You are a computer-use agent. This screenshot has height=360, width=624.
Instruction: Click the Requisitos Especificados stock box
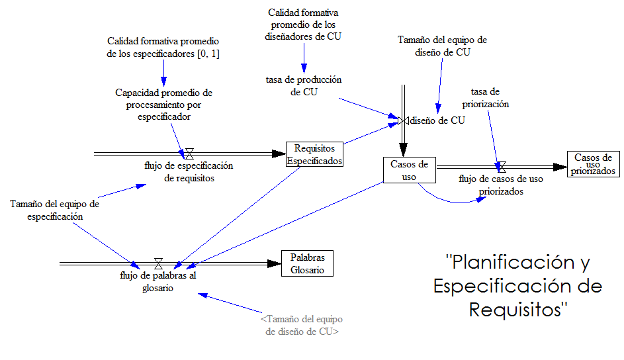(314, 154)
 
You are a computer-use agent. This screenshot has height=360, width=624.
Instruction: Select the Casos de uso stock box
(409, 170)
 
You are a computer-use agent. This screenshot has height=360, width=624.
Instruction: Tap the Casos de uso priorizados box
(594, 163)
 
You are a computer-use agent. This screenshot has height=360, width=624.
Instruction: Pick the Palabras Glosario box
(307, 263)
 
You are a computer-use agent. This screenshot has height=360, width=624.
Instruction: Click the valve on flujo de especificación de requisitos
(189, 154)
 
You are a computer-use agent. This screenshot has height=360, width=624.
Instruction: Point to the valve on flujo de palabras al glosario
(158, 263)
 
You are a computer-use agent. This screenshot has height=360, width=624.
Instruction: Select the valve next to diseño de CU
(402, 120)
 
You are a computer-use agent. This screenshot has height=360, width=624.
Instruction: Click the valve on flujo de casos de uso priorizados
(501, 167)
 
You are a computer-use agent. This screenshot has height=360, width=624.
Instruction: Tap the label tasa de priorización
(490, 98)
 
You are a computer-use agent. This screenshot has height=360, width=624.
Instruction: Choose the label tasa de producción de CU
(304, 85)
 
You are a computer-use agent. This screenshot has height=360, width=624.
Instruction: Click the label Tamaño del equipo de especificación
(54, 210)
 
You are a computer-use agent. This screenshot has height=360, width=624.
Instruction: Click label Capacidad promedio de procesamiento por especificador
(163, 105)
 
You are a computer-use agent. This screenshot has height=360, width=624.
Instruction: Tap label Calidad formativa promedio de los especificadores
(163, 48)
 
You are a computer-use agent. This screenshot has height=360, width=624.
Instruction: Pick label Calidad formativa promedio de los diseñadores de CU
(304, 24)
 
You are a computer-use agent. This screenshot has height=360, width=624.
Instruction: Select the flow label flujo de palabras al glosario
(158, 281)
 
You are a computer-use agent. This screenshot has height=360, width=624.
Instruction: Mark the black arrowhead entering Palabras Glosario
(273, 263)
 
